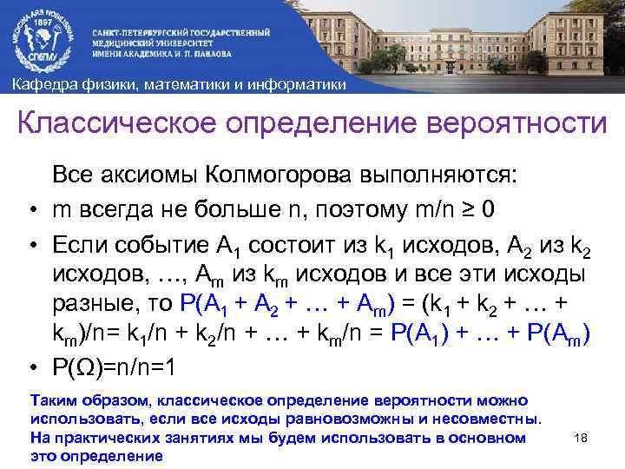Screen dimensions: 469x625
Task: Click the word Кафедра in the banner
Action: (40, 84)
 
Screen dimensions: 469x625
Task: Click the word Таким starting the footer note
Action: (49, 401)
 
